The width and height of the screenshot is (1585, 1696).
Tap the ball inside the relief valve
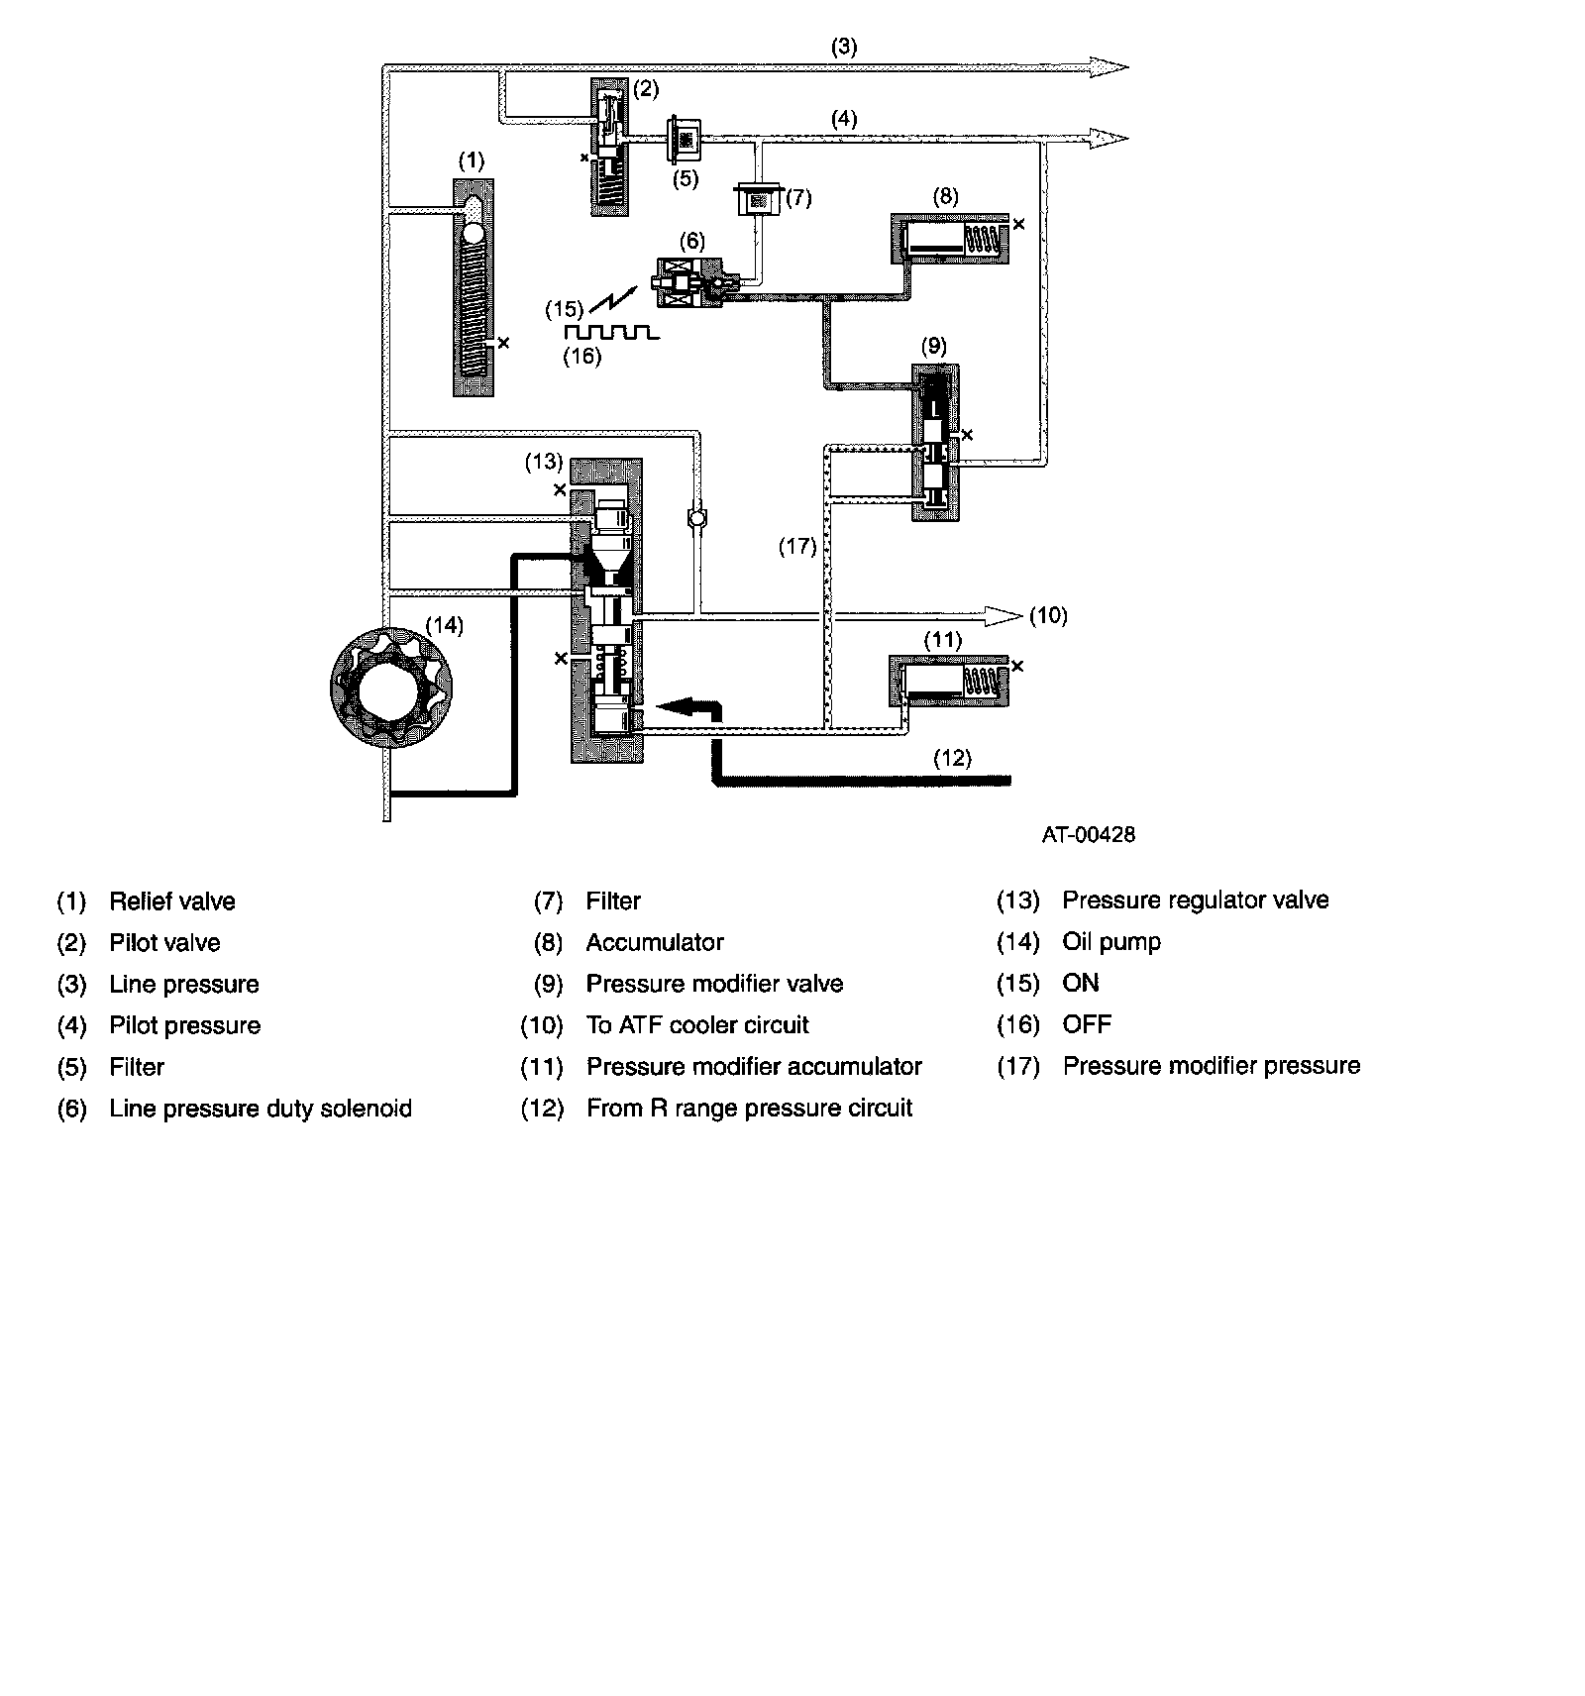pos(473,234)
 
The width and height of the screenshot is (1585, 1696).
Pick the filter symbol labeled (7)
pos(759,201)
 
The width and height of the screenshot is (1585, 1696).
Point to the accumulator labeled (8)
pos(949,239)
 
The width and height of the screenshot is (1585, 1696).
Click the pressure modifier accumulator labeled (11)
pos(949,681)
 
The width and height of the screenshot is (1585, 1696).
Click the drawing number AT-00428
pos(1088,835)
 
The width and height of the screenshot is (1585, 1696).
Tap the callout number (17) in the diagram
pos(797,546)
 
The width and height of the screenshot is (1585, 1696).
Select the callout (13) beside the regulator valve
pos(544,462)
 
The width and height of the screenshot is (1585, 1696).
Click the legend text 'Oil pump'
pos(1110,942)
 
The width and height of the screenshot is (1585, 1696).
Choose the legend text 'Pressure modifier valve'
pos(714,984)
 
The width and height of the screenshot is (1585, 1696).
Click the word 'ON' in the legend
pos(1080,983)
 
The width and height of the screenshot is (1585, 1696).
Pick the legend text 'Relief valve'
pos(172,901)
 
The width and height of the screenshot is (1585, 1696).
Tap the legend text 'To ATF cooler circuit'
pos(697,1025)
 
